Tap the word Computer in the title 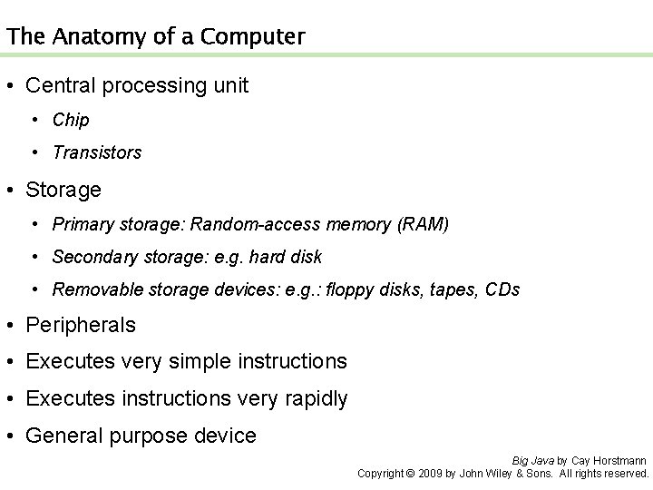click(x=257, y=37)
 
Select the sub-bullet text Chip click(x=71, y=120)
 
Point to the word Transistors click(x=97, y=152)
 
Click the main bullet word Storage click(x=63, y=190)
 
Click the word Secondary click(x=93, y=257)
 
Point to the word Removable click(x=93, y=290)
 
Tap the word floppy click(x=349, y=290)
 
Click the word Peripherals click(x=81, y=325)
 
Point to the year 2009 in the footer click(x=431, y=473)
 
